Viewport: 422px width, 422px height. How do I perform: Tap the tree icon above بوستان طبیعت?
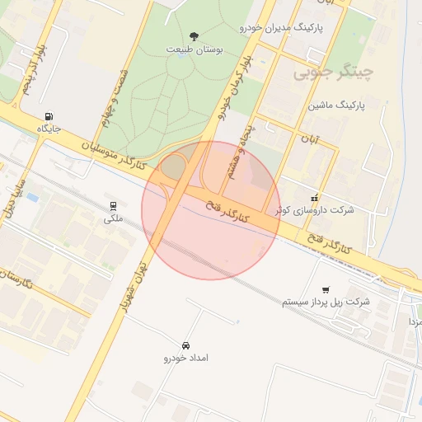point(194,35)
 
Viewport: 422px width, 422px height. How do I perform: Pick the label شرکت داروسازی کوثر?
point(315,210)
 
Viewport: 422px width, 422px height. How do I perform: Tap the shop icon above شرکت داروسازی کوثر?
point(314,198)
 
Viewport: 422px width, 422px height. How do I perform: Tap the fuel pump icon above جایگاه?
point(52,116)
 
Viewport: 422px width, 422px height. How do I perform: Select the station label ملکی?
point(112,218)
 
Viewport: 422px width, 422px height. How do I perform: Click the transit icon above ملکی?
point(113,206)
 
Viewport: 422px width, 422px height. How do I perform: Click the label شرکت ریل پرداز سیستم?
point(326,302)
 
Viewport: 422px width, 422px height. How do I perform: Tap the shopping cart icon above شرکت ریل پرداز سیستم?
point(327,290)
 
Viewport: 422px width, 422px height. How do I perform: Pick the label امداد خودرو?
point(185,359)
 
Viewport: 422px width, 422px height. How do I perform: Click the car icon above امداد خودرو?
point(185,345)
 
